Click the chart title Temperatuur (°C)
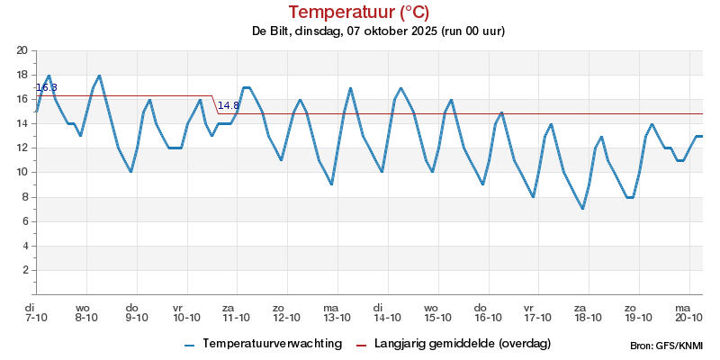point(359,12)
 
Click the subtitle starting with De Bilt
point(378,31)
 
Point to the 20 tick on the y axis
point(23,50)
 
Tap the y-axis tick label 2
point(26,270)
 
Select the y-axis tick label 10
point(23,173)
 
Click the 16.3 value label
point(46,87)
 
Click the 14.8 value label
point(229,105)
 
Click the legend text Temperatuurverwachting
point(272,344)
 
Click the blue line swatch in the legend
point(189,345)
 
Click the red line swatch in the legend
point(363,345)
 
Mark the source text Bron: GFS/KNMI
point(667,346)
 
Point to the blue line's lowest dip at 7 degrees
point(582,209)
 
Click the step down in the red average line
point(215,104)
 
